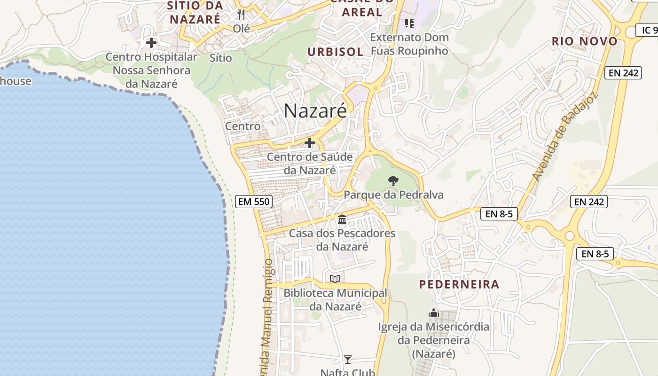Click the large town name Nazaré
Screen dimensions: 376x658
(315, 110)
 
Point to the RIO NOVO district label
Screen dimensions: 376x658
(585, 41)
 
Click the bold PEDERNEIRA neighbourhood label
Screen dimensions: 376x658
(459, 284)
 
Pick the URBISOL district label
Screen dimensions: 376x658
(336, 52)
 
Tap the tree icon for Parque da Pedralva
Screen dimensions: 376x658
(393, 180)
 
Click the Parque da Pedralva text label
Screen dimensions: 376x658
(393, 195)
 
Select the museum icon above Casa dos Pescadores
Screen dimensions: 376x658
(342, 219)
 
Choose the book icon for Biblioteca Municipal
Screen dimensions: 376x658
(335, 279)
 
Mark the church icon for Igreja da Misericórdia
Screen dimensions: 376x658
(433, 313)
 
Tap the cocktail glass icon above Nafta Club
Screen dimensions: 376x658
(347, 360)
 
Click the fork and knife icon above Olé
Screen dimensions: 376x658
(241, 15)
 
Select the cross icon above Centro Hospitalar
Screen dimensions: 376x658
(151, 43)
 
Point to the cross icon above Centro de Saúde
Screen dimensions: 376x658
(309, 143)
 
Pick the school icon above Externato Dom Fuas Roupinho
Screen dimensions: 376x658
(409, 23)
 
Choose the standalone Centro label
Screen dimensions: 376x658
(243, 126)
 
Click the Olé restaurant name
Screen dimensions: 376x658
(241, 28)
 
